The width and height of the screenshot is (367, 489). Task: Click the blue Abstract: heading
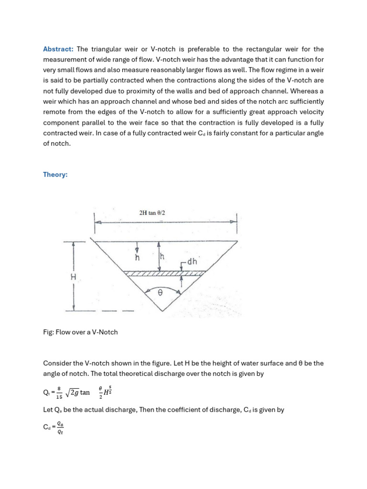pyautogui.click(x=58, y=49)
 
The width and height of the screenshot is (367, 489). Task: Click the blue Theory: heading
pyautogui.click(x=55, y=175)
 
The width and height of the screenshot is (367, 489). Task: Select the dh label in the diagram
pyautogui.click(x=192, y=262)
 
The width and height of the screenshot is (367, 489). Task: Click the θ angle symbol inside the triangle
pyautogui.click(x=160, y=295)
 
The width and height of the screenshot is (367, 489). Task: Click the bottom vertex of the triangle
pyautogui.click(x=163, y=311)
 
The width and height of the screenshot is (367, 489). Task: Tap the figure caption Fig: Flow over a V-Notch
pyautogui.click(x=80, y=332)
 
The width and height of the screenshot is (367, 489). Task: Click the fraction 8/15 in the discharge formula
pyautogui.click(x=59, y=393)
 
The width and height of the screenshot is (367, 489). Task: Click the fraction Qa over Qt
pyautogui.click(x=60, y=427)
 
